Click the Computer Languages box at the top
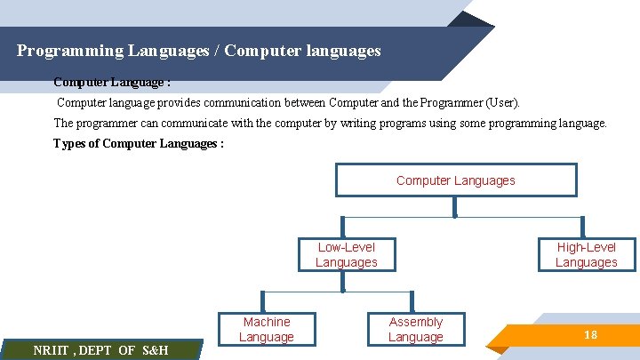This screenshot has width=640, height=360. click(455, 180)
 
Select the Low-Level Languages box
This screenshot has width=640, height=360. click(346, 254)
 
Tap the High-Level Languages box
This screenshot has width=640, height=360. click(586, 254)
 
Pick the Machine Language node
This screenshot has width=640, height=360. click(266, 329)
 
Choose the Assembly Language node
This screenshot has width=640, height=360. click(415, 329)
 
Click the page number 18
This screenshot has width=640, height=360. click(589, 334)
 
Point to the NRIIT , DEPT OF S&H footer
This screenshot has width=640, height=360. click(100, 350)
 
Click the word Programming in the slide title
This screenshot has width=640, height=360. click(66, 51)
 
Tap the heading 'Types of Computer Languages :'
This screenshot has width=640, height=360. click(138, 144)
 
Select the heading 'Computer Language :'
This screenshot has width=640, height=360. click(112, 82)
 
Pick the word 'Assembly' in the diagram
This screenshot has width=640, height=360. click(415, 322)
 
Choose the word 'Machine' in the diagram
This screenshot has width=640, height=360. click(266, 322)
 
